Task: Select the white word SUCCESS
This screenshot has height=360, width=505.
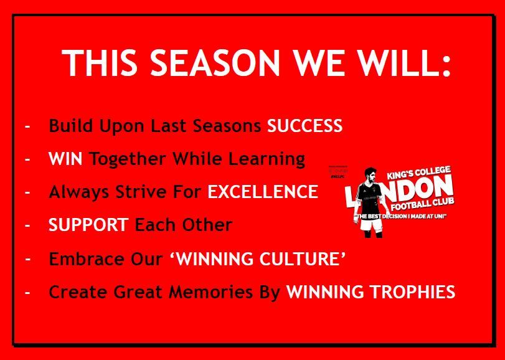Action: (x=304, y=126)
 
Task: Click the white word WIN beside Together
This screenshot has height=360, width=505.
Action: (x=65, y=159)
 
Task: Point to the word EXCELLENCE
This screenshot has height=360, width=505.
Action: (x=263, y=191)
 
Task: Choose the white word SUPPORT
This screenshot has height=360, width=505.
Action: (x=88, y=224)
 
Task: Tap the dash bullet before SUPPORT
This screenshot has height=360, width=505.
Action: (x=27, y=225)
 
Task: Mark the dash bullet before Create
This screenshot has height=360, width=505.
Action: (x=27, y=292)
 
